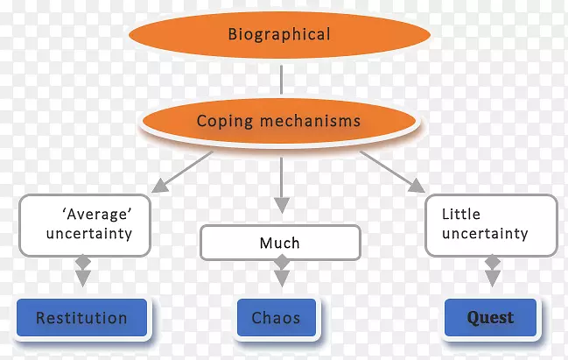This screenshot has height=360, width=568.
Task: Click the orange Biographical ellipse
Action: pyautogui.click(x=279, y=35)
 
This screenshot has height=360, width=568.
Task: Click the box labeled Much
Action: pyautogui.click(x=280, y=243)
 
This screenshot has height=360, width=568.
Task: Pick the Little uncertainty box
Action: pyautogui.click(x=490, y=223)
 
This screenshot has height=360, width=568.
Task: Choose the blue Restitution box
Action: pyautogui.click(x=81, y=318)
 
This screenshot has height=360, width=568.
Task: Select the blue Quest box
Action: pyautogui.click(x=490, y=318)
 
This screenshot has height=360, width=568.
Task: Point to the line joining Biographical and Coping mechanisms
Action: pyautogui.click(x=280, y=79)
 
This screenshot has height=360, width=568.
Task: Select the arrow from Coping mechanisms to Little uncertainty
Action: pyautogui.click(x=390, y=170)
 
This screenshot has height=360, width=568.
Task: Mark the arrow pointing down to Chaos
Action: pyautogui.click(x=280, y=275)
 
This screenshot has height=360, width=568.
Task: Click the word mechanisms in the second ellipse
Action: pyautogui.click(x=304, y=122)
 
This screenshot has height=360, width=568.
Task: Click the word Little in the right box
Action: pyautogui.click(x=461, y=214)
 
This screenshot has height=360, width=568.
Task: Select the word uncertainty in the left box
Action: pyautogui.click(x=88, y=234)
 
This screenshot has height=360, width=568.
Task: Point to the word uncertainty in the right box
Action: pyautogui.click(x=485, y=234)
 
